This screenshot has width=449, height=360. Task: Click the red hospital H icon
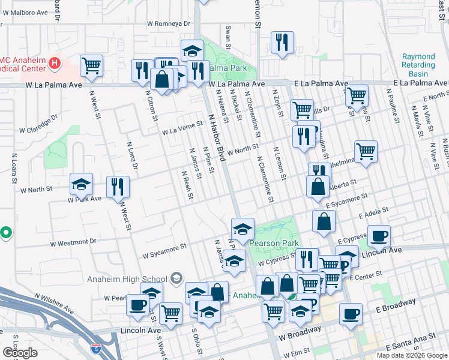click(55, 62)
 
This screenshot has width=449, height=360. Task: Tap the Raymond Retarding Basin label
click(418, 65)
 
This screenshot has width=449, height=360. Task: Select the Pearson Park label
click(274, 244)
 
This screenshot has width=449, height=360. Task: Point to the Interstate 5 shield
click(96, 347)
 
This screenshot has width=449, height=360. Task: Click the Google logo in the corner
click(20, 353)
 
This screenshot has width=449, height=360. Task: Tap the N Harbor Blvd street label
click(216, 137)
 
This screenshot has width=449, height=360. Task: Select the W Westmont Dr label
click(73, 242)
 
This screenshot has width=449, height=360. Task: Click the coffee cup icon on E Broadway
click(351, 313)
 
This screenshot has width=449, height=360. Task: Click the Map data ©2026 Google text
click(411, 355)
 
